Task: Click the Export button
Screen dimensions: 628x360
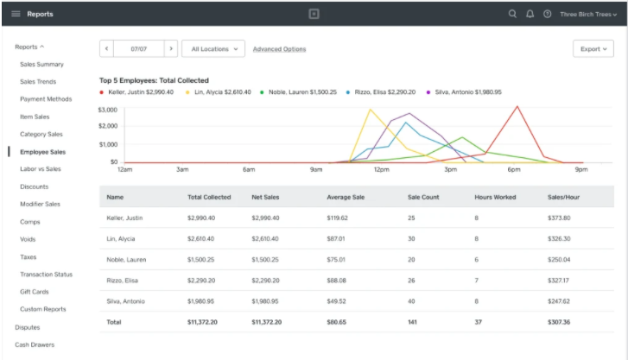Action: (x=593, y=49)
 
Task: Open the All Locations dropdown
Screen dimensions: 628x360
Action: (x=213, y=49)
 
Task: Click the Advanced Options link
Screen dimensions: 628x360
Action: (x=279, y=49)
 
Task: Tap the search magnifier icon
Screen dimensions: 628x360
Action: (x=512, y=14)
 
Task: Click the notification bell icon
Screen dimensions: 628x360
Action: (x=530, y=14)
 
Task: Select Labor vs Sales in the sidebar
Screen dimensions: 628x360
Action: (x=41, y=169)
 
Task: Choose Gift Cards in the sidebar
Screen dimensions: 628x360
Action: (x=35, y=292)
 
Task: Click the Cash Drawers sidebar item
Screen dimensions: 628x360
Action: (x=35, y=344)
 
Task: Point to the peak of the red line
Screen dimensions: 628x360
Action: (x=517, y=106)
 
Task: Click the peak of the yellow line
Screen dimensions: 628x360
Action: (x=370, y=110)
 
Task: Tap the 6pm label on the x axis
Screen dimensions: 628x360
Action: (x=514, y=170)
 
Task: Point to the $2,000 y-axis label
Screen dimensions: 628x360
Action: (x=108, y=126)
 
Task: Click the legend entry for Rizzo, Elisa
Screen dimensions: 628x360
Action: (x=381, y=92)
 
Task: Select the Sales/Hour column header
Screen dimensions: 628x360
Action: (x=563, y=197)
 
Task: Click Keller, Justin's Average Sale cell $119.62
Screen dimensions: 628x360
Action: (x=337, y=218)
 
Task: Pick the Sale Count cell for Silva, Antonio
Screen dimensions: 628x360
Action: (x=411, y=301)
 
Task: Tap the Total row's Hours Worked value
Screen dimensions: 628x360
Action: (x=479, y=322)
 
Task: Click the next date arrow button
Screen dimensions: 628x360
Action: (x=171, y=49)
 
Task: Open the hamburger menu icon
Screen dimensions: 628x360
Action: (x=16, y=14)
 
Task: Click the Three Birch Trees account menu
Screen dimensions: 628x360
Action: (x=588, y=15)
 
